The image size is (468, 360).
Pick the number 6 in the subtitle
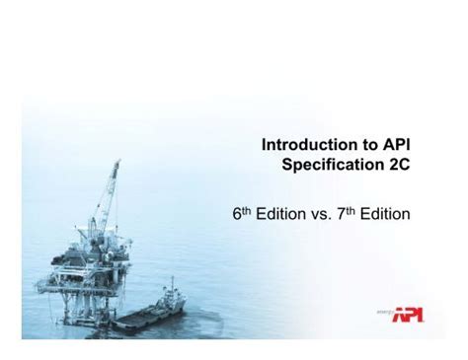click(x=236, y=213)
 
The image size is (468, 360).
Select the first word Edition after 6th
click(x=278, y=213)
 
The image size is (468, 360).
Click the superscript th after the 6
click(x=245, y=208)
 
